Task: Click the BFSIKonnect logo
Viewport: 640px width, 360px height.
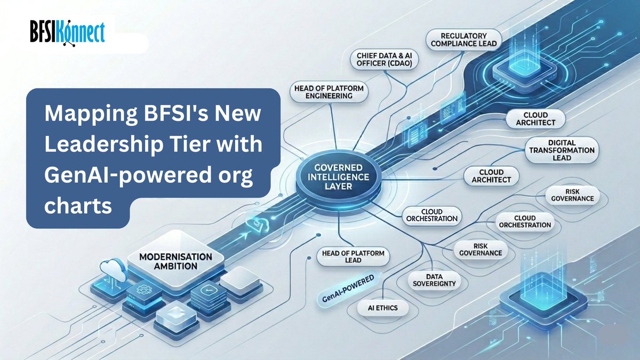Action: coord(68,31)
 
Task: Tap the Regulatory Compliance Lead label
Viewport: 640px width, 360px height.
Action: coord(463,39)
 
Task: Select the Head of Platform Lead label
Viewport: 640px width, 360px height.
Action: coord(353,255)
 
